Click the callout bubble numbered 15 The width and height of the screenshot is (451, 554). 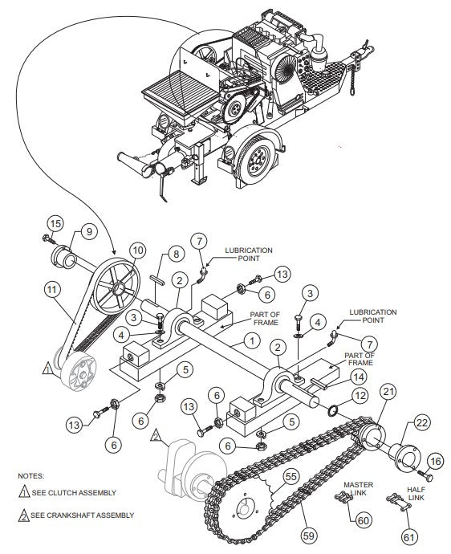tap(54, 222)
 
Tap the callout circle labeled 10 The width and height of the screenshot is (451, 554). tap(137, 251)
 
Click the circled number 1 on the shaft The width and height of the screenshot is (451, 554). tap(253, 341)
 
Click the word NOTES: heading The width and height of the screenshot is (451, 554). tap(32, 475)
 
